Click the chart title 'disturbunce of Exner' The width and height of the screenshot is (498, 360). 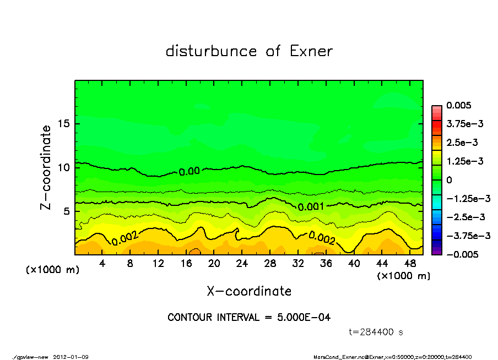(249, 51)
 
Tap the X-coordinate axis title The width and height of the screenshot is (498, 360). (249, 291)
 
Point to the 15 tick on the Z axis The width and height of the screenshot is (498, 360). (64, 123)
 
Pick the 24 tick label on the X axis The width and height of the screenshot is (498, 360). (242, 264)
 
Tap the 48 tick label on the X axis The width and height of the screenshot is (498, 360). (410, 264)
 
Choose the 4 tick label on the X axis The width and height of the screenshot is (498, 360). (102, 264)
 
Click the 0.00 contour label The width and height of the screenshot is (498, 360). (189, 171)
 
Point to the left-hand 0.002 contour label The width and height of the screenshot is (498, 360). (124, 238)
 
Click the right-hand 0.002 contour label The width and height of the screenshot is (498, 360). (321, 238)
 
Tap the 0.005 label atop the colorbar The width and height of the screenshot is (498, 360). (459, 105)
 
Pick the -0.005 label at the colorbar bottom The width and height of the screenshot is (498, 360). (462, 254)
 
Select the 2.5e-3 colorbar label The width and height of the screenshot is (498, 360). (462, 143)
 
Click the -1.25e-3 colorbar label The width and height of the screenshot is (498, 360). (465, 198)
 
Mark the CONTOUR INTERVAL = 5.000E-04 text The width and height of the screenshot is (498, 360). (249, 317)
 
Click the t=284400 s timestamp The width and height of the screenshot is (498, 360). (376, 332)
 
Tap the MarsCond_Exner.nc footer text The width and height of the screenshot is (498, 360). (336, 357)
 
